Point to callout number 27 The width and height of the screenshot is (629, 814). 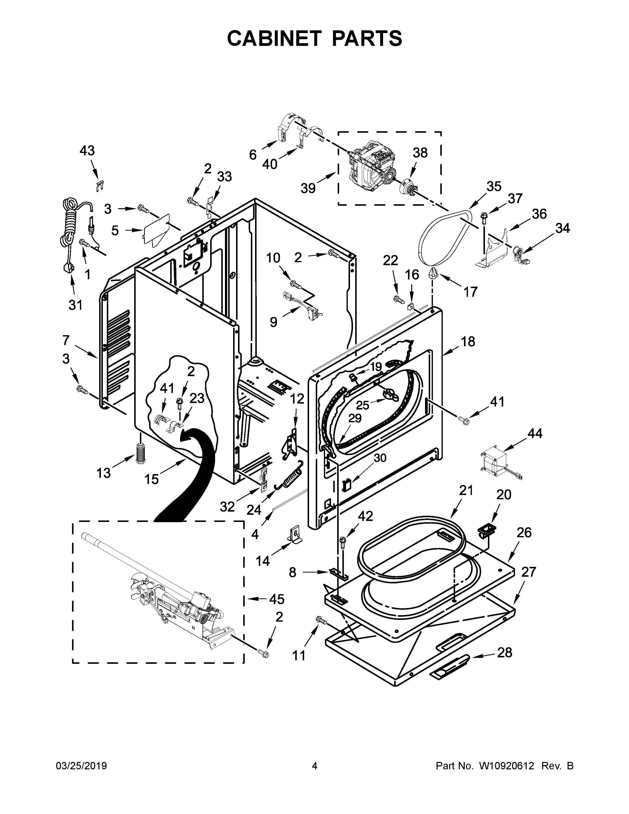click(528, 571)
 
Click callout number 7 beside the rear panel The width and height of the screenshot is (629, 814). click(66, 340)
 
